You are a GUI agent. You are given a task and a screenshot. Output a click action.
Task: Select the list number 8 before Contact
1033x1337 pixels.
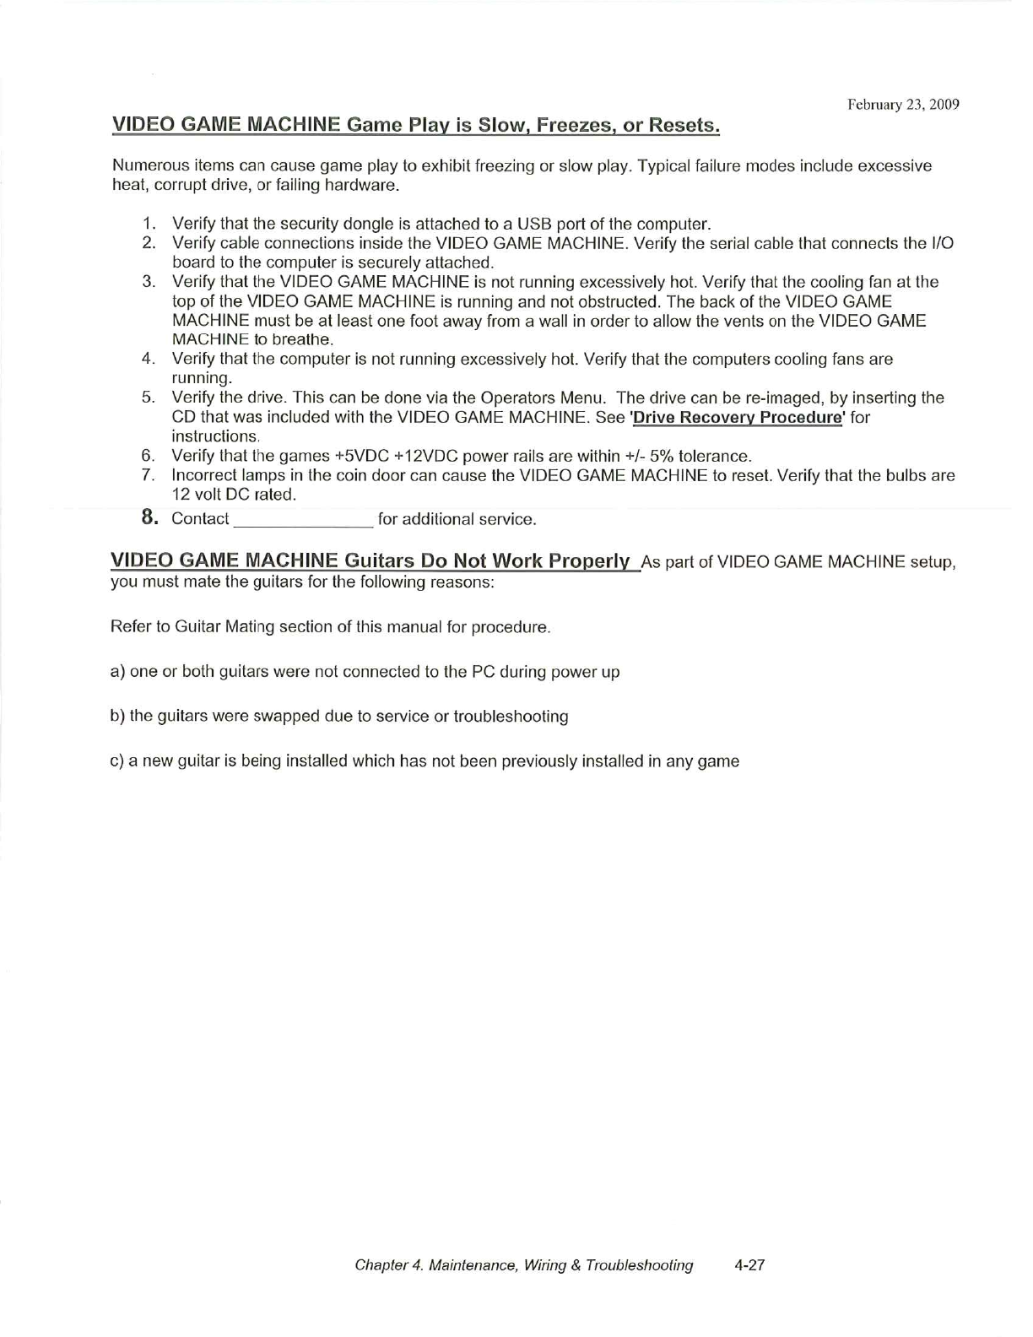point(150,517)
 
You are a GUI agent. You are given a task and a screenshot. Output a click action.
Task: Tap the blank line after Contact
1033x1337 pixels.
point(302,519)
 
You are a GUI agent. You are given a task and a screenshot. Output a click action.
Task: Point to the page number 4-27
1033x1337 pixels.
point(749,1264)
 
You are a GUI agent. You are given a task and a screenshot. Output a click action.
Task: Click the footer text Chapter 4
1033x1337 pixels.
point(388,1264)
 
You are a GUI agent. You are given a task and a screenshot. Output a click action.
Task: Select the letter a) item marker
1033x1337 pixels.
point(118,672)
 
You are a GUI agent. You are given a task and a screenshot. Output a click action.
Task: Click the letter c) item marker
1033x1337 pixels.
point(118,761)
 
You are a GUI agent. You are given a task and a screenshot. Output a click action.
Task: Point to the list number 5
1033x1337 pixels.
point(149,398)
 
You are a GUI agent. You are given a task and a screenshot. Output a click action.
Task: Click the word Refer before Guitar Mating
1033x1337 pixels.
point(129,627)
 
